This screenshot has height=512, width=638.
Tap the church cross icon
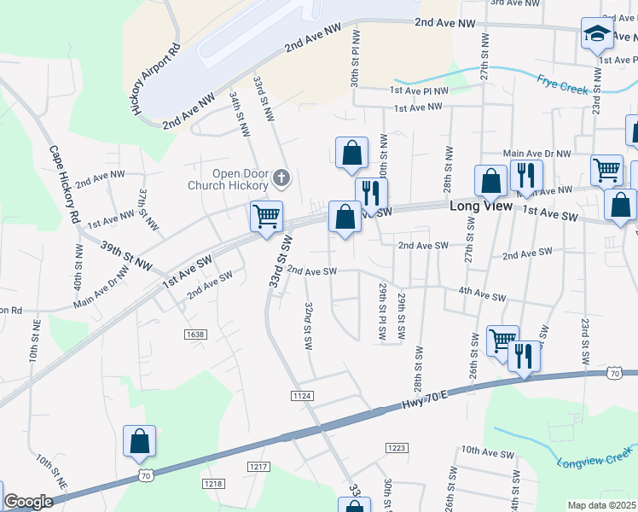pyautogui.click(x=281, y=179)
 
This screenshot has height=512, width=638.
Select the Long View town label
pyautogui.click(x=480, y=207)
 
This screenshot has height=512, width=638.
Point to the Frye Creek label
pyautogui.click(x=563, y=84)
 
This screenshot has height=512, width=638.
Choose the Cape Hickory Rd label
pyautogui.click(x=65, y=185)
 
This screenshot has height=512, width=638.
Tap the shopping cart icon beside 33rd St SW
pyautogui.click(x=266, y=217)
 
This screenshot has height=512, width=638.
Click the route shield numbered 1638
pyautogui.click(x=194, y=334)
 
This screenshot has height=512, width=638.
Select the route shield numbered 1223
pyautogui.click(x=397, y=448)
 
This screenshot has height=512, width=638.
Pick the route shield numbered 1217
pyautogui.click(x=259, y=466)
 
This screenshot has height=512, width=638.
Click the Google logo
pyautogui.click(x=28, y=503)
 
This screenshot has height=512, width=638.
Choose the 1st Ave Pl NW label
pyautogui.click(x=419, y=90)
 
